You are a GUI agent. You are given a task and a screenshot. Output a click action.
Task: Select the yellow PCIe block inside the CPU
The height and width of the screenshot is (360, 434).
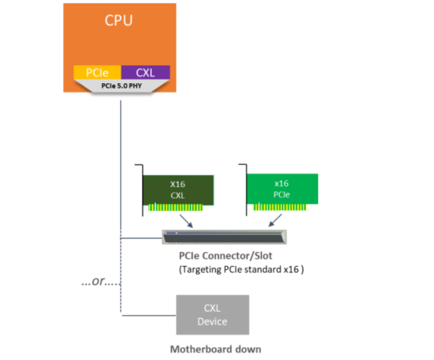[x=97, y=72]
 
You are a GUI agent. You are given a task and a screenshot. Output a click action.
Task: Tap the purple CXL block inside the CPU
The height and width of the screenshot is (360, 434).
[x=145, y=72]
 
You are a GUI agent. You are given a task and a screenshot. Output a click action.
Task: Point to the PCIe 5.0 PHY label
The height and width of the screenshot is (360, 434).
[x=121, y=85]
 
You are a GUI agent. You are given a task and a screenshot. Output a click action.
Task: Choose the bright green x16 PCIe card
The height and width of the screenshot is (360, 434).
[x=283, y=189]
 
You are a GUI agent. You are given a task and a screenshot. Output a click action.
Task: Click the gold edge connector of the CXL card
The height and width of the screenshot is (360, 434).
[x=180, y=207]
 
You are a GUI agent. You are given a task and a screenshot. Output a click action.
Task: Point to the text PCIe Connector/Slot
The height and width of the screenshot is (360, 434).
[x=225, y=256]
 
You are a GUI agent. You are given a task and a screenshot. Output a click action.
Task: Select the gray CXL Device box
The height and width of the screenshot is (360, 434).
[x=213, y=314]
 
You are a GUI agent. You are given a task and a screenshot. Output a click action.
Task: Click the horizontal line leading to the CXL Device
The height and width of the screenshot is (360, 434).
[x=148, y=314]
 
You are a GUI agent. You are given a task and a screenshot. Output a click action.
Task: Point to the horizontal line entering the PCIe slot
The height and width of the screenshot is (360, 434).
[x=141, y=238]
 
